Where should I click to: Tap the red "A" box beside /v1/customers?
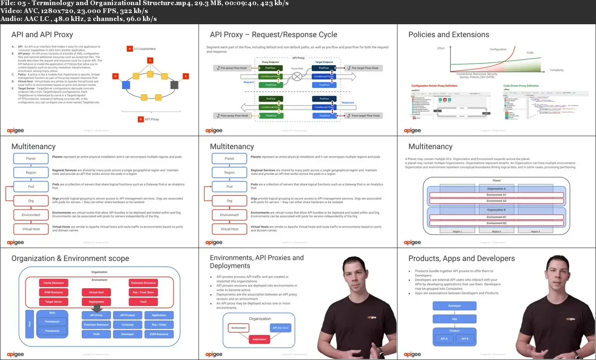(130, 48)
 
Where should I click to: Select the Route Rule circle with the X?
(297, 76)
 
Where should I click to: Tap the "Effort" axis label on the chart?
(441, 48)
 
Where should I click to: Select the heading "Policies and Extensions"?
(448, 35)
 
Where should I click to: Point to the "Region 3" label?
(535, 231)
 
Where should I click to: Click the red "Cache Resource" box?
(54, 283)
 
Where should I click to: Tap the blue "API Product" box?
(127, 315)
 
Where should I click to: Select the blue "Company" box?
(127, 325)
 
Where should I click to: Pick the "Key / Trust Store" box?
(143, 292)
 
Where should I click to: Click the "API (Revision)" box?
(281, 328)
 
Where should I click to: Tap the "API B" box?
(465, 339)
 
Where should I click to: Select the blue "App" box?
(454, 319)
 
